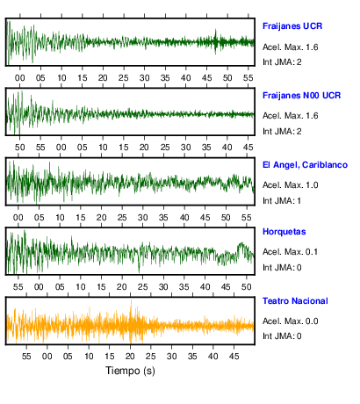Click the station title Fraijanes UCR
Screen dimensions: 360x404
[292, 26]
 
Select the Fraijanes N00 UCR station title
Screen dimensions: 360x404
[301, 96]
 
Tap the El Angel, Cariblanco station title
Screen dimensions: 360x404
[305, 165]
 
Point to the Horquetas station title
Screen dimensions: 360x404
[284, 232]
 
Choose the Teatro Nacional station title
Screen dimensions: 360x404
[295, 301]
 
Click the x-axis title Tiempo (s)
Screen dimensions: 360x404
[130, 371]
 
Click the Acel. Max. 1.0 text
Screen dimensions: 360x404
[290, 185]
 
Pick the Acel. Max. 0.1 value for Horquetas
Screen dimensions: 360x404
[290, 252]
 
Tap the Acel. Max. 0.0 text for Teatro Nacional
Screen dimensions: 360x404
[290, 321]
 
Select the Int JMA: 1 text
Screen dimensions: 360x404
[282, 201]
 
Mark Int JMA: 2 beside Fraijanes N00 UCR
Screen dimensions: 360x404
[282, 132]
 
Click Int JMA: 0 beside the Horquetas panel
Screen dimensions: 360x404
[282, 268]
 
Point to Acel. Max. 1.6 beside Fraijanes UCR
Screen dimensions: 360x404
[290, 47]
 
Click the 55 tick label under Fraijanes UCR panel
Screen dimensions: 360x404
[248, 78]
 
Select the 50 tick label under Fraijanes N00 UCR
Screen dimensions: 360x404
[20, 148]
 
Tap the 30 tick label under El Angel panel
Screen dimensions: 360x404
[143, 218]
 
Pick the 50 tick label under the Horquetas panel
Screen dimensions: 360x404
[247, 287]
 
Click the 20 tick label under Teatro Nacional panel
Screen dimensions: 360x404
[130, 357]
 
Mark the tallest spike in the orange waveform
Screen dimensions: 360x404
[131, 300]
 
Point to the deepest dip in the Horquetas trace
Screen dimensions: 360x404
[139, 272]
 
